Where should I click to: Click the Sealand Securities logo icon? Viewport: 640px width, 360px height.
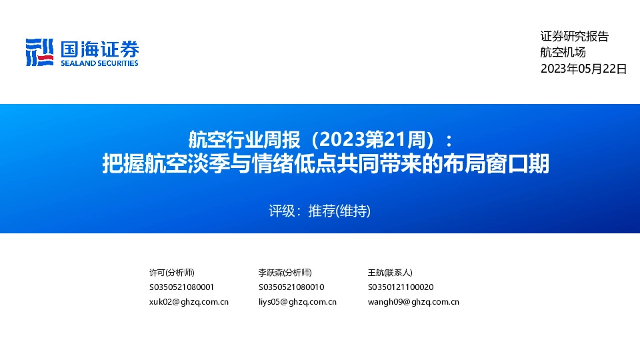[x=39, y=52]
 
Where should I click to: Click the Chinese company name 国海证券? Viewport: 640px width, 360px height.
[x=99, y=49]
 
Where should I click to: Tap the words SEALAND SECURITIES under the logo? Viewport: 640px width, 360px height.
[x=99, y=63]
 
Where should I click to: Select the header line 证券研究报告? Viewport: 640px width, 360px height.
[x=574, y=37]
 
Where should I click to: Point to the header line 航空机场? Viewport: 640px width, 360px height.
[x=563, y=53]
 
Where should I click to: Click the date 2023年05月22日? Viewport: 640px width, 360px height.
[x=583, y=68]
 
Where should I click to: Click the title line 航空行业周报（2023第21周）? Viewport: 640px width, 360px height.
[x=320, y=140]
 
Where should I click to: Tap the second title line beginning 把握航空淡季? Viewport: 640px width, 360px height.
[x=325, y=164]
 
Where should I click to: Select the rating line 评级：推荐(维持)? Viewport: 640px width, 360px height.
[x=319, y=211]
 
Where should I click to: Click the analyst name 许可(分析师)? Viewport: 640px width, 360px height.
[x=172, y=273]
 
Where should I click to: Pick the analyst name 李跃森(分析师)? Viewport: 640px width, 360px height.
[x=285, y=273]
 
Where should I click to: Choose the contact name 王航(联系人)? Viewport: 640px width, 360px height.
[x=390, y=273]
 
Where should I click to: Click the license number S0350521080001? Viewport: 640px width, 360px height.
[x=182, y=287]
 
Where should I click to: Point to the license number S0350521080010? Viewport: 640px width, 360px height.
[x=291, y=287]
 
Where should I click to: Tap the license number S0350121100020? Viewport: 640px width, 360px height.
[x=401, y=287]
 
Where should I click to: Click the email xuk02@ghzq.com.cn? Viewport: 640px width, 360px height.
[x=189, y=302]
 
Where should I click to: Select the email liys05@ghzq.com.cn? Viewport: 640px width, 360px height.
[x=297, y=302]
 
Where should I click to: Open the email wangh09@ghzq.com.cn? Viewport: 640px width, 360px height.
[x=413, y=302]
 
